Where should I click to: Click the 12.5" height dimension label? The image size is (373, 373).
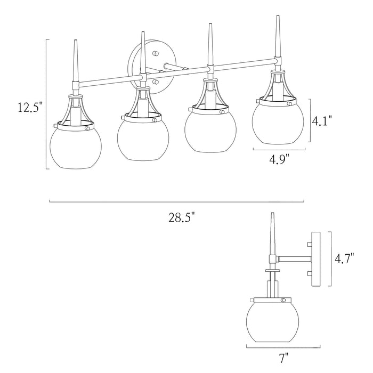tap(30, 107)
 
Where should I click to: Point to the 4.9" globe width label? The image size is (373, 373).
tap(279, 159)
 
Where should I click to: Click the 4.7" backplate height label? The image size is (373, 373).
tap(345, 258)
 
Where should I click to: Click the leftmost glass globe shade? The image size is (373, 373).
tap(76, 148)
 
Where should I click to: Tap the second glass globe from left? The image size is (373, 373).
tap(143, 139)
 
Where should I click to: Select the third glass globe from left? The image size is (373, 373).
tap(210, 132)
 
